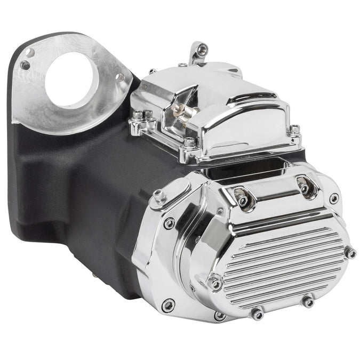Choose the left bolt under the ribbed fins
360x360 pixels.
[x=257, y=314]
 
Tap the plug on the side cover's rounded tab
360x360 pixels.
[x=159, y=196]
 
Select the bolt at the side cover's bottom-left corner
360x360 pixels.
[x=168, y=305]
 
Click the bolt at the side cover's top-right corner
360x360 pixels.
[x=334, y=198]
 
